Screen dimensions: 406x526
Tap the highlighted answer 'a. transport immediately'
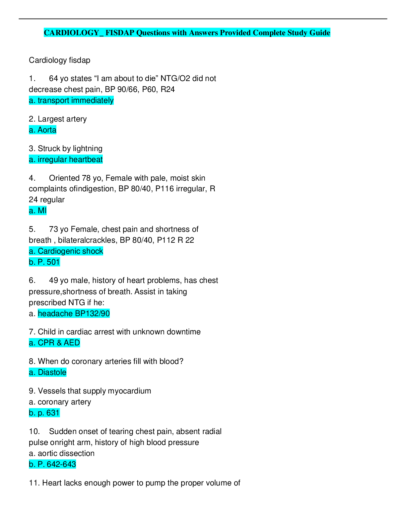pyautogui.click(x=71, y=100)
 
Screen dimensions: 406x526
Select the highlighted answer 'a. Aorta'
pyautogui.click(x=42, y=130)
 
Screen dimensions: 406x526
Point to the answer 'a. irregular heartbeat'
pyautogui.click(x=66, y=159)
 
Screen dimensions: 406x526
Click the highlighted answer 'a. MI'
pyautogui.click(x=38, y=211)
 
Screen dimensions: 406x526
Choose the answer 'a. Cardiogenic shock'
pyautogui.click(x=66, y=251)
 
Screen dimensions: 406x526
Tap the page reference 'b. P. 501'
pyautogui.click(x=44, y=262)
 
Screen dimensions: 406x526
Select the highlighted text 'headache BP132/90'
pyautogui.click(x=74, y=313)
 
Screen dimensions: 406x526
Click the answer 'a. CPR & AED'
pyautogui.click(x=54, y=343)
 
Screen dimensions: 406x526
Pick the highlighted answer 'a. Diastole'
pyautogui.click(x=48, y=372)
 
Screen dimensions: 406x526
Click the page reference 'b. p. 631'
pyautogui.click(x=44, y=413)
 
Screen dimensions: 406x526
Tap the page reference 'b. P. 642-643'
pyautogui.click(x=52, y=464)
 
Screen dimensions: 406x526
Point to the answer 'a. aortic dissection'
pyautogui.click(x=62, y=453)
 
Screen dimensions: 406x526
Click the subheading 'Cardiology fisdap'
pyautogui.click(x=59, y=60)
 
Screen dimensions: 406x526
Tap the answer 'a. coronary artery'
pyautogui.click(x=60, y=402)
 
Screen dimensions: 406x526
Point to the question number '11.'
pyautogui.click(x=34, y=483)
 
